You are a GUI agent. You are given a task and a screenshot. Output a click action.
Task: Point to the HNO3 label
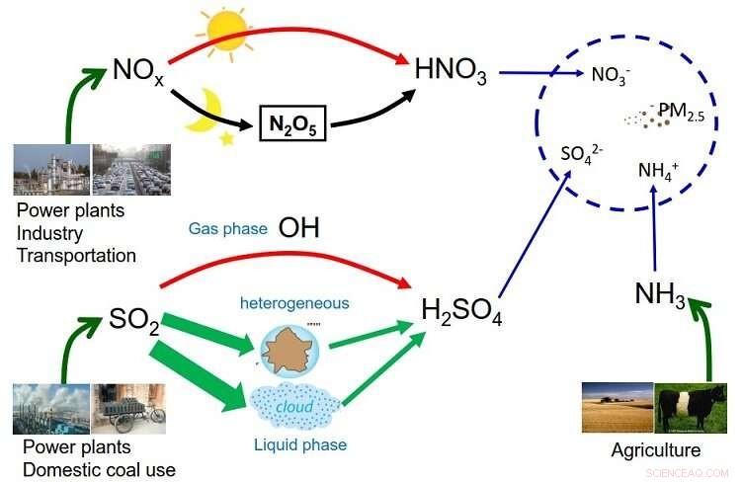point(451,71)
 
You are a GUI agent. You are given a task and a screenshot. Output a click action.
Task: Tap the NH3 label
point(659,295)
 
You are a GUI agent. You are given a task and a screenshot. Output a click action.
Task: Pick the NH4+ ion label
point(659,170)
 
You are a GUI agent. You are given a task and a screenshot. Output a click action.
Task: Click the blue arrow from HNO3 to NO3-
point(537,72)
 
